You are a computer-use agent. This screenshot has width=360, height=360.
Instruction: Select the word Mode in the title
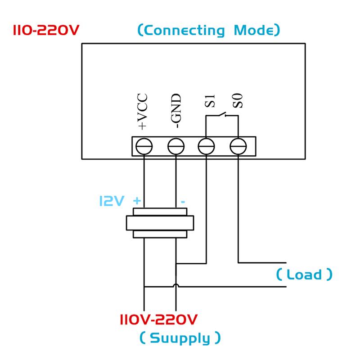(x=255, y=31)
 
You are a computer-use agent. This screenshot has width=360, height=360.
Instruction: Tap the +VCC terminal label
(x=144, y=112)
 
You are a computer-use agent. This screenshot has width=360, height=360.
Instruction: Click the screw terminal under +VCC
(x=144, y=146)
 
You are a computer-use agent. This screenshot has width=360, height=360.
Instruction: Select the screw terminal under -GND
(x=175, y=146)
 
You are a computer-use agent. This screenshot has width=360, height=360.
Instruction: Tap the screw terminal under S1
(x=206, y=146)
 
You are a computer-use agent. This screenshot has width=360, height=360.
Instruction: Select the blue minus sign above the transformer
(x=183, y=201)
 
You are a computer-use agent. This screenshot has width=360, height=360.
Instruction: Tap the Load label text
(x=305, y=274)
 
